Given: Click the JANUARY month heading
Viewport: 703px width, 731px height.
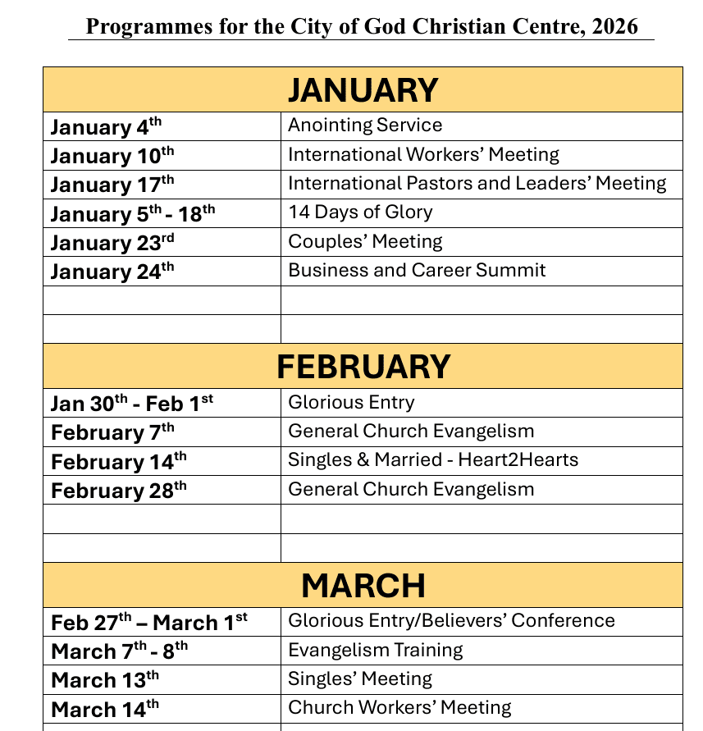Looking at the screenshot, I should (x=363, y=90).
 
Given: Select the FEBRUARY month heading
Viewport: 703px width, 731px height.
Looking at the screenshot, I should (x=363, y=367).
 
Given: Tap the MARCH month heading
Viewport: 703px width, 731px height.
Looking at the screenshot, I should (x=363, y=586).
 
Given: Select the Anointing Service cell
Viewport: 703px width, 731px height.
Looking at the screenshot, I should (x=365, y=126).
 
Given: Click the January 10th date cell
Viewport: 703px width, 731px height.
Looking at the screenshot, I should (x=112, y=155).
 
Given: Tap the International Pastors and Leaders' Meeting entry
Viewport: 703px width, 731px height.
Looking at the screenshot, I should (x=477, y=184).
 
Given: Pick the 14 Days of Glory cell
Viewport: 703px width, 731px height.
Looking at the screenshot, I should (x=360, y=212).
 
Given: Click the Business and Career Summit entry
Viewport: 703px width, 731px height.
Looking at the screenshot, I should (x=417, y=271).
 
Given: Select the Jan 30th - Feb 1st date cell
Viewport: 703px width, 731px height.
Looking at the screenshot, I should (x=132, y=403).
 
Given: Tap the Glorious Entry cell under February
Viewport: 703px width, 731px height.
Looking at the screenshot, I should (x=351, y=403).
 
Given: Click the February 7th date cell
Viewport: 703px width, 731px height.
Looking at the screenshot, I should (x=112, y=432).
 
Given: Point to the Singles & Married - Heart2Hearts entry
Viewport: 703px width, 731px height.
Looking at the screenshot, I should (x=433, y=460).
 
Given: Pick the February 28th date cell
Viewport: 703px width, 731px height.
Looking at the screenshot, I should (x=119, y=491).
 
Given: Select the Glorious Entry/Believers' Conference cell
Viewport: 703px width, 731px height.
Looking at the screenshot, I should (x=451, y=621).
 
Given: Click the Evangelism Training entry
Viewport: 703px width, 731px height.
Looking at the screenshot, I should (x=375, y=651).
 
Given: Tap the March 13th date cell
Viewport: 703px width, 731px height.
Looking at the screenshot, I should (x=105, y=680).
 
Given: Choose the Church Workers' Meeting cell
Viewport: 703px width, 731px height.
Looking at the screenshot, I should (x=399, y=708).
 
